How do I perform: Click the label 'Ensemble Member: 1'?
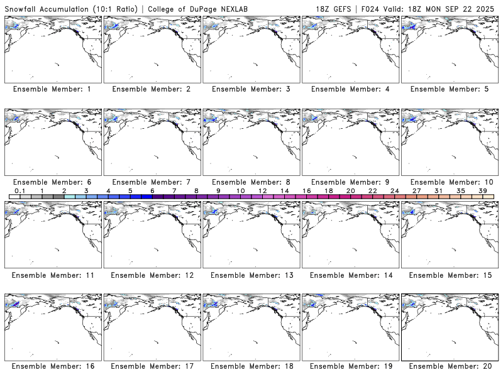[x=52, y=89]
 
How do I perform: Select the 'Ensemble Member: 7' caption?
[x=152, y=182]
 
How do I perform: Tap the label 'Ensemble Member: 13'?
[x=250, y=275]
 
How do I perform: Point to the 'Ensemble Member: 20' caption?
[x=449, y=366]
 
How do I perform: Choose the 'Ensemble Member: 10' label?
[x=449, y=182]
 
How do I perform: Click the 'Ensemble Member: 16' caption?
[x=52, y=366]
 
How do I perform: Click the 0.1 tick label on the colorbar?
[x=19, y=190]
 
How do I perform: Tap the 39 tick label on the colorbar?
[x=483, y=190]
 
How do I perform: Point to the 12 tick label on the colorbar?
[x=262, y=190]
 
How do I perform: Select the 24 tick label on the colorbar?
[x=394, y=190]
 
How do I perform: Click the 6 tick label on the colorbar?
[x=152, y=190]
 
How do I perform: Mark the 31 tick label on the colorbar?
[x=439, y=190]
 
